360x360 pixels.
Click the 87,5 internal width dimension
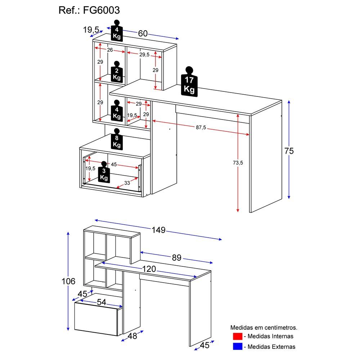tap(201, 128)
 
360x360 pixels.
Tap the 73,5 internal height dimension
tap(237, 163)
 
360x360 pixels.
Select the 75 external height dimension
tap(289, 151)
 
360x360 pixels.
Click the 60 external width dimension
tap(143, 33)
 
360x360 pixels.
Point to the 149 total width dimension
tap(158, 230)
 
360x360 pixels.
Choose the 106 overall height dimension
tap(68, 281)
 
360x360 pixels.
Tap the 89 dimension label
tap(176, 258)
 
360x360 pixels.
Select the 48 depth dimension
tap(132, 336)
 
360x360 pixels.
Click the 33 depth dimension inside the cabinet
tap(127, 183)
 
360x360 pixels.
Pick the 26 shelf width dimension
tap(110, 50)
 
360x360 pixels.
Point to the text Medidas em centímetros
tap(264, 328)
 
